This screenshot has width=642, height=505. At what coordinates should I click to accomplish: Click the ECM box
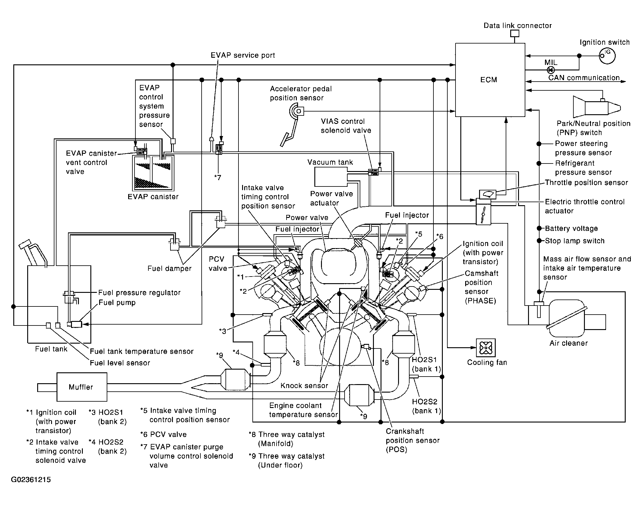coord(490,80)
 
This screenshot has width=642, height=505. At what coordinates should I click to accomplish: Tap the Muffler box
coord(82,387)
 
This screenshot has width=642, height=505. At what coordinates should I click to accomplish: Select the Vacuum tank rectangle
coord(331,177)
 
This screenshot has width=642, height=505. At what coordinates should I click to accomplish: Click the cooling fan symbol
coord(486,348)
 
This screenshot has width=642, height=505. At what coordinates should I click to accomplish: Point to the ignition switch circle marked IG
coord(607,56)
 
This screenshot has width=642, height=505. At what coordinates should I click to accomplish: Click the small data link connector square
coord(515,33)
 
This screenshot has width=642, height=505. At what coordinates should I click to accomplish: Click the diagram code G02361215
coord(31,480)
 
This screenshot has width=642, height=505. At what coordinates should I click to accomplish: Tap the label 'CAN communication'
coord(584,78)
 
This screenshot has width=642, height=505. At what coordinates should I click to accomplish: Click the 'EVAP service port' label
coord(243,55)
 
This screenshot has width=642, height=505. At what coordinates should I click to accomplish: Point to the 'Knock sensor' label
coord(304,386)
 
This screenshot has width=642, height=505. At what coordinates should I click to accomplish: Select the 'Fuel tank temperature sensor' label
coord(142,351)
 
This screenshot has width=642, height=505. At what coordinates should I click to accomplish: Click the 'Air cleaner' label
coord(569,343)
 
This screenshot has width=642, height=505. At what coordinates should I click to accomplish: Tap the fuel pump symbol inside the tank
coord(75,324)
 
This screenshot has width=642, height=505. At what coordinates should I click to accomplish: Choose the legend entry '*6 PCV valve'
coord(163,434)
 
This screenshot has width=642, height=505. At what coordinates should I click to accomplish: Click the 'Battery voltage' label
coord(571,228)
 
